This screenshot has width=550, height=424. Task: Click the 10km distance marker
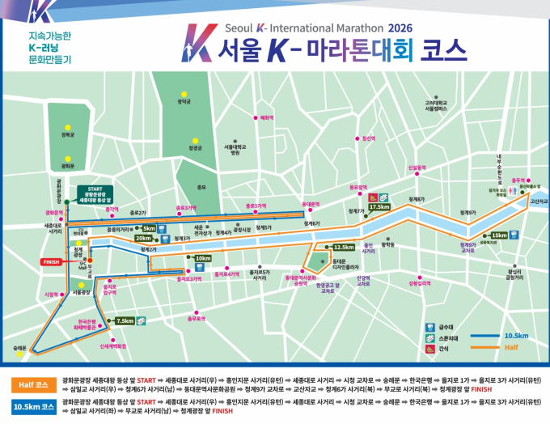point(202,258)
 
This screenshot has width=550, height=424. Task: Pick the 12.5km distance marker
point(343,247)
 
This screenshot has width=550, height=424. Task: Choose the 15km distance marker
point(499,235)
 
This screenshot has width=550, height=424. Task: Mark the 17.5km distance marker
point(379,207)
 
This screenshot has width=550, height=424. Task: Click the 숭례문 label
point(20,348)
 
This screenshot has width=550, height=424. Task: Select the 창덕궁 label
point(184,102)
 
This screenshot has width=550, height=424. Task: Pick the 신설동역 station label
point(417,167)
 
